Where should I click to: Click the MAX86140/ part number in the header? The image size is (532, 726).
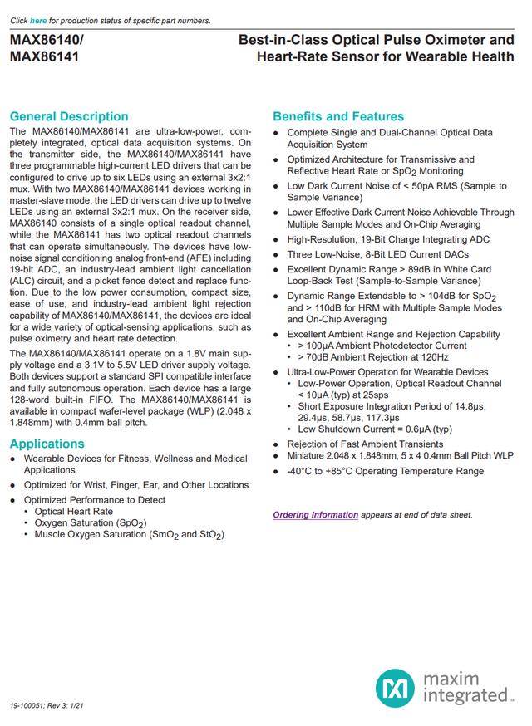tap(47, 40)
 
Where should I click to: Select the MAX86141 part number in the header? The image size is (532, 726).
tap(45, 57)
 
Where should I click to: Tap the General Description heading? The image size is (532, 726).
tap(69, 116)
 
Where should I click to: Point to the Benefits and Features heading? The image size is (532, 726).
tap(338, 116)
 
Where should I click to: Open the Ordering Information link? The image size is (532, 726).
tap(316, 514)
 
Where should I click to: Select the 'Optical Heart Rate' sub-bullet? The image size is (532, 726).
tap(73, 512)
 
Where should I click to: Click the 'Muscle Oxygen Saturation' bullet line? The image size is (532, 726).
tap(129, 535)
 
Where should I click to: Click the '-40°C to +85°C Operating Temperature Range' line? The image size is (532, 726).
tap(385, 471)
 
